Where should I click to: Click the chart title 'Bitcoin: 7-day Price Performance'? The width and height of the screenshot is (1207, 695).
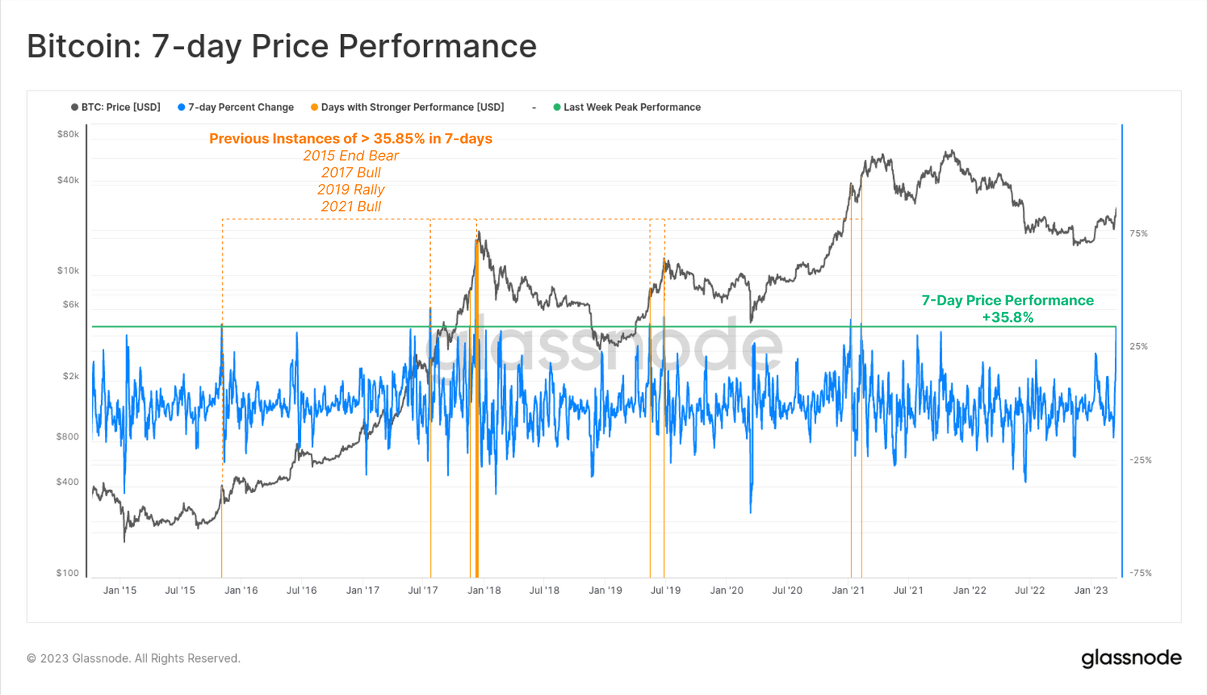click(281, 46)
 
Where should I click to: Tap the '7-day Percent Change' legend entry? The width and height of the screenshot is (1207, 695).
click(235, 107)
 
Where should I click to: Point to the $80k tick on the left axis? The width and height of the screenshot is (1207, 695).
click(68, 134)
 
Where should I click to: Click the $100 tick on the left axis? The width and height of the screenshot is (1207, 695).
click(67, 573)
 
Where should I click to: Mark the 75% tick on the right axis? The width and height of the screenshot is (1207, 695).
click(1138, 234)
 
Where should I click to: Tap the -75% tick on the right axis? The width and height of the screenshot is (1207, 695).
click(1140, 573)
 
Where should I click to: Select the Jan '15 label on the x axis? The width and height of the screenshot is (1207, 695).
click(120, 590)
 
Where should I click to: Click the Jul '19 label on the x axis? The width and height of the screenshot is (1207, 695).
click(665, 590)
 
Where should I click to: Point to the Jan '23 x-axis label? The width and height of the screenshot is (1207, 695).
click(1091, 590)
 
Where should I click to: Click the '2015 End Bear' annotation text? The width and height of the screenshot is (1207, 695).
click(351, 156)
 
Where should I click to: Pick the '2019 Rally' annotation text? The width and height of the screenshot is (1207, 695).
click(351, 190)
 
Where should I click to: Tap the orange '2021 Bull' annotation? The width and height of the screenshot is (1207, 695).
click(351, 207)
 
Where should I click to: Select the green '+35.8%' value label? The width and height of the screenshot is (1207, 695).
click(1007, 317)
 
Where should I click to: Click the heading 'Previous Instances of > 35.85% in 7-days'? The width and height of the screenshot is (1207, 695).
click(351, 139)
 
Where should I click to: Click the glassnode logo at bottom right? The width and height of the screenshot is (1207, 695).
click(1131, 658)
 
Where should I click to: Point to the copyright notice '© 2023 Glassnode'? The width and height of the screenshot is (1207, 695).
click(134, 658)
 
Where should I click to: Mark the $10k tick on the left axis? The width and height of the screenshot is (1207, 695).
click(68, 271)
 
